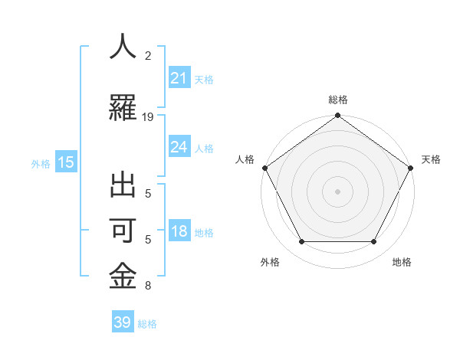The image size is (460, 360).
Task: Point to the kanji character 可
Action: [x=123, y=232]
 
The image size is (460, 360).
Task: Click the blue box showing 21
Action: [x=179, y=78]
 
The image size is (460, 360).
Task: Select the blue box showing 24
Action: [x=179, y=147]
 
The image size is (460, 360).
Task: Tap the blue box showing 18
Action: [x=179, y=232]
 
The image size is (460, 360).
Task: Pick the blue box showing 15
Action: [x=66, y=162]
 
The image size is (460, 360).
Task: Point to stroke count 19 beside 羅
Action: [x=148, y=117]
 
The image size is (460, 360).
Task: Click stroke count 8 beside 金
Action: [x=148, y=286]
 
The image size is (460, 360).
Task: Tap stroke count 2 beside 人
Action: [x=148, y=55]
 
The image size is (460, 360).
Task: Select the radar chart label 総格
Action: [x=337, y=100]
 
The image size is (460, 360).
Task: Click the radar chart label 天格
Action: [x=431, y=159]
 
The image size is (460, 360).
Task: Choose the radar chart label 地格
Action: [x=402, y=262]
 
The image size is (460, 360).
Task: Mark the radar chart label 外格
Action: [x=270, y=262]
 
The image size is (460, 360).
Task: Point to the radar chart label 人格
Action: [x=245, y=159]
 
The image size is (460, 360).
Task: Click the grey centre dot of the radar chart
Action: [x=337, y=191]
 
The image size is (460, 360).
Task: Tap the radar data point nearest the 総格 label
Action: [x=337, y=116]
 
